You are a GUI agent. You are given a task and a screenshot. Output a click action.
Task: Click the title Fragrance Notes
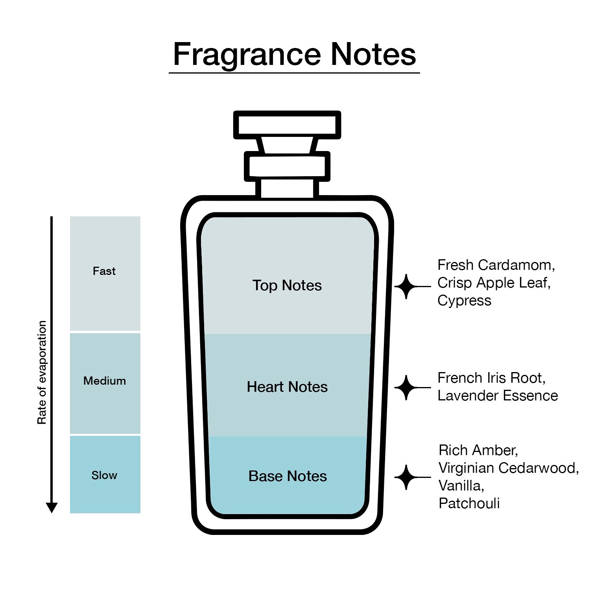coord(294,55)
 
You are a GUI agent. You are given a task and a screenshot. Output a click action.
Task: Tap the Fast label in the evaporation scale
coord(104,271)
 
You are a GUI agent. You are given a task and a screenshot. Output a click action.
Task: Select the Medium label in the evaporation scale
coord(105,381)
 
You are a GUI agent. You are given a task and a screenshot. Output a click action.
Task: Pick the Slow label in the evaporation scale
coord(104,475)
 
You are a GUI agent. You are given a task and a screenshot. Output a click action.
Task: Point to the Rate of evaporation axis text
coord(42,372)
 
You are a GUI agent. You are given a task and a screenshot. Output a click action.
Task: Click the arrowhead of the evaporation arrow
coord(52,507)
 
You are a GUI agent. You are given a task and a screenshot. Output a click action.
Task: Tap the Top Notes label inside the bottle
coord(287,286)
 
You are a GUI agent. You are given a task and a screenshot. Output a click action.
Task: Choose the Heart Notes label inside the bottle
coord(287,387)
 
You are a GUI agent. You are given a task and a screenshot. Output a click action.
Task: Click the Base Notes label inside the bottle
coord(288,476)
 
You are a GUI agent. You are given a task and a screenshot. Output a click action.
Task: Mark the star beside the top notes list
coord(406,287)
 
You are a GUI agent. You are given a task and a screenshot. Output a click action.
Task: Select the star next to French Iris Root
coord(406,387)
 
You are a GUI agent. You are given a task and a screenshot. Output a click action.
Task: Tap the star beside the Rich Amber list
coord(406,477)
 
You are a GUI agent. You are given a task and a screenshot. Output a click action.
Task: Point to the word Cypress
coord(465,301)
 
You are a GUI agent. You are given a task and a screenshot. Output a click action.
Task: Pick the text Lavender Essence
coord(498,396)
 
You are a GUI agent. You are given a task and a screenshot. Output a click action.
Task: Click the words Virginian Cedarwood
coord(507,468)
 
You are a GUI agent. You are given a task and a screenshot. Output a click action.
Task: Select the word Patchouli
coord(469,503)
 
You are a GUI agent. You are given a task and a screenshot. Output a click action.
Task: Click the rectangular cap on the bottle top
coord(287,125)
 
